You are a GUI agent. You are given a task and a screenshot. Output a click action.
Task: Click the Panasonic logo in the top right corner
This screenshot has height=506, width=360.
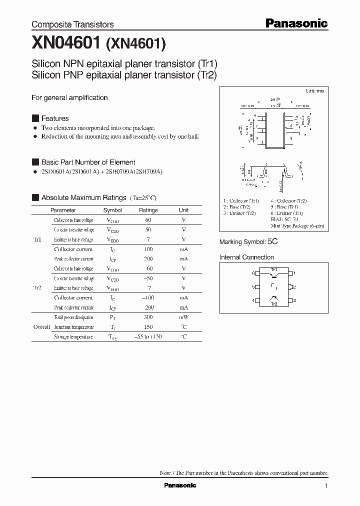pos(295,23)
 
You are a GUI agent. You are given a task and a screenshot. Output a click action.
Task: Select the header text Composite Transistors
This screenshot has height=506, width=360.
pos(72,24)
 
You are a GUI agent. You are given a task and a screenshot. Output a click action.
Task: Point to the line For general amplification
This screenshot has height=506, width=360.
pos(69,98)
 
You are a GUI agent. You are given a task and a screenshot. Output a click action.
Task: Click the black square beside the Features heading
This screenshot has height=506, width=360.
pos(35,118)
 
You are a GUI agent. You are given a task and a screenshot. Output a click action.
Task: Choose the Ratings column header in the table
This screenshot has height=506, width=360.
pos(148,210)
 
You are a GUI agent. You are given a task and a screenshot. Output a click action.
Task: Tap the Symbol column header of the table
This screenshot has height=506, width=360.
pos(112,210)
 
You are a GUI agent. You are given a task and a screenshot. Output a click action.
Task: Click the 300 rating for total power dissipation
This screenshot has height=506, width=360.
pos(148,317)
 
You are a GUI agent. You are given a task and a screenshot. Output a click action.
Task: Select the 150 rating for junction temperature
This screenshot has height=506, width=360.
pos(148,327)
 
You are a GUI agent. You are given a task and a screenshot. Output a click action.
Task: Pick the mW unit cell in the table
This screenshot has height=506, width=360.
pos(184,317)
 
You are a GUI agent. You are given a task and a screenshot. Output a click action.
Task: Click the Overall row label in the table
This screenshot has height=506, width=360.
pos(41,327)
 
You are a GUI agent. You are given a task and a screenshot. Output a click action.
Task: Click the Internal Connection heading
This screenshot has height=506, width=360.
pos(246,257)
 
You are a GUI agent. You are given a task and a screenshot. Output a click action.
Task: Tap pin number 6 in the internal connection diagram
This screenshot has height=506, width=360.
pos(253,273)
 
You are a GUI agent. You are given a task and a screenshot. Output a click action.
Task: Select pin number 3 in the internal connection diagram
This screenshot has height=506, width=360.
pos(295,300)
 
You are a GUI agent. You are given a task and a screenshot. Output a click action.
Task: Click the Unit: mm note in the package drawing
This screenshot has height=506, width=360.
pos(315,91)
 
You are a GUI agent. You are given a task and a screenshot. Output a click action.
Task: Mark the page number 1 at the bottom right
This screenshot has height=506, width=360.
pos(326,486)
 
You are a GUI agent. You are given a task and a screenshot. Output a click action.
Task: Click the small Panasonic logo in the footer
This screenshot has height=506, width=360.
pos(180,485)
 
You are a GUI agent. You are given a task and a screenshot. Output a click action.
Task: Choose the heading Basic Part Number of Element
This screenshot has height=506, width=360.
pos(88,162)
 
